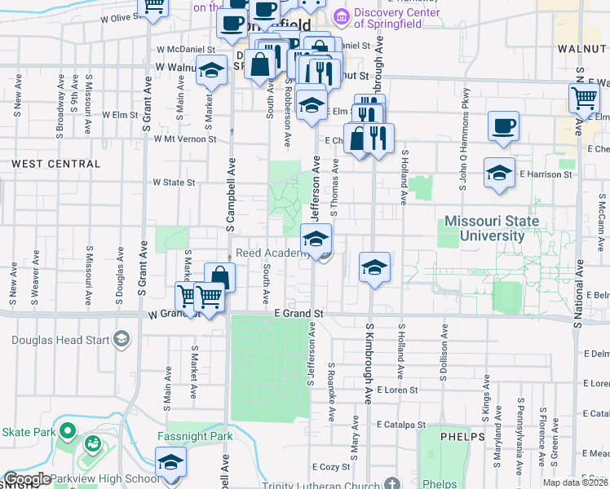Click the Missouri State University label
491,228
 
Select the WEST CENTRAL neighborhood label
56,164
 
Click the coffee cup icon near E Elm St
503,126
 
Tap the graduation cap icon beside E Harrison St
499,173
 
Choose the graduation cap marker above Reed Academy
316,238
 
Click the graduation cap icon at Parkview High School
170,461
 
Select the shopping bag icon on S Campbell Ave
219,277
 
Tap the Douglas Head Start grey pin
122,338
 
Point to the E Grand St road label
298,313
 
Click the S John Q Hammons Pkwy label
466,149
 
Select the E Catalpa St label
401,425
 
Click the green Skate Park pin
68,430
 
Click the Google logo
27,478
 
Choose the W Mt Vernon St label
185,139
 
